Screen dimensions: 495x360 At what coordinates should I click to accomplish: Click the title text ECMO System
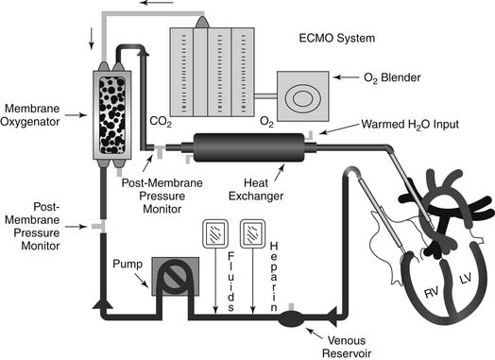[x=337, y=38]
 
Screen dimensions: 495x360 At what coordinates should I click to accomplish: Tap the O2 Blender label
[x=392, y=77]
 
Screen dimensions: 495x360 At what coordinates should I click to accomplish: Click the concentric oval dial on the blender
[x=303, y=98]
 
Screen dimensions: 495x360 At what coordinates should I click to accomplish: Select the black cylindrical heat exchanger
[x=248, y=147]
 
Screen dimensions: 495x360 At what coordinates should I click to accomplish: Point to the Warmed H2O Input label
[x=410, y=124]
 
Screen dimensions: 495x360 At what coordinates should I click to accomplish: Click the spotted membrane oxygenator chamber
[x=112, y=115]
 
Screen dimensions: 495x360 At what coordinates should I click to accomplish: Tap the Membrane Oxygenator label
[x=30, y=115]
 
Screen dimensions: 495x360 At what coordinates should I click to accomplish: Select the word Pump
[x=128, y=264]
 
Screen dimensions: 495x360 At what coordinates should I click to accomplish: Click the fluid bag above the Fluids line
[x=215, y=234]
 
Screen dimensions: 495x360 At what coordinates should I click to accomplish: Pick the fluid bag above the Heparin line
[x=252, y=234]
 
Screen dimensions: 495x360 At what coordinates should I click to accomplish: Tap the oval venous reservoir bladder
[x=291, y=318]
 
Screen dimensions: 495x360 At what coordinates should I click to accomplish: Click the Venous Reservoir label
[x=347, y=347]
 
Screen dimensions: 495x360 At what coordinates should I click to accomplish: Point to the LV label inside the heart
[x=465, y=279]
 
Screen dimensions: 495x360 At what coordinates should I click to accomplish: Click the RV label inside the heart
[x=431, y=293]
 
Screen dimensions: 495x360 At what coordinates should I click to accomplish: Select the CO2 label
[x=161, y=122]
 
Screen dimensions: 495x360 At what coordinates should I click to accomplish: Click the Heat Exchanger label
[x=256, y=190]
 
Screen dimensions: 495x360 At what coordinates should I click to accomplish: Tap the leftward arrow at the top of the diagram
[x=157, y=3]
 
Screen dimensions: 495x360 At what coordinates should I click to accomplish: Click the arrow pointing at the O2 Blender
[x=346, y=77]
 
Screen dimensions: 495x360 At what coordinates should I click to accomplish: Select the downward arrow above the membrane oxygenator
[x=92, y=39]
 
